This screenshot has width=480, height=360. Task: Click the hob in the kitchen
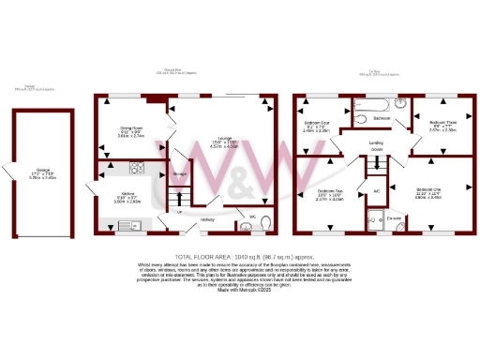click(133, 169)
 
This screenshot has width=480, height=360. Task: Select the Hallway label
click(207, 220)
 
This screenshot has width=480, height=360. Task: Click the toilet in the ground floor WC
click(265, 223)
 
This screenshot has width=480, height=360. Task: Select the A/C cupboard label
click(376, 190)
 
